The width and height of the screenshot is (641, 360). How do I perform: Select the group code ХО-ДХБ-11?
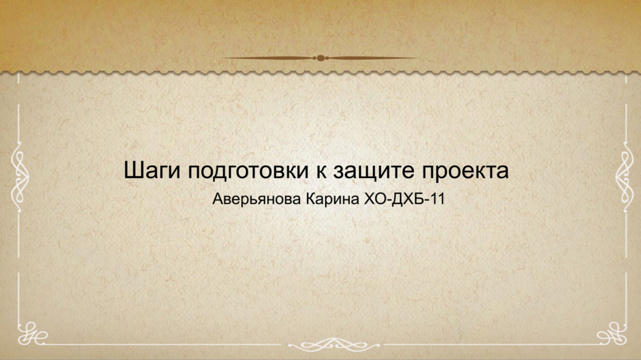[403, 200]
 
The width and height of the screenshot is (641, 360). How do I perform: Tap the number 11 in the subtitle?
[436, 200]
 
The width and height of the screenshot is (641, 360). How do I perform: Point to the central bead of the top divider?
[320, 58]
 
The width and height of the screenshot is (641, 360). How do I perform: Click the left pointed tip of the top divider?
[222, 58]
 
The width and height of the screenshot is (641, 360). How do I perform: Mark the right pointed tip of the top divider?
[419, 58]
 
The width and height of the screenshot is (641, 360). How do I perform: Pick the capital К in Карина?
[310, 200]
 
